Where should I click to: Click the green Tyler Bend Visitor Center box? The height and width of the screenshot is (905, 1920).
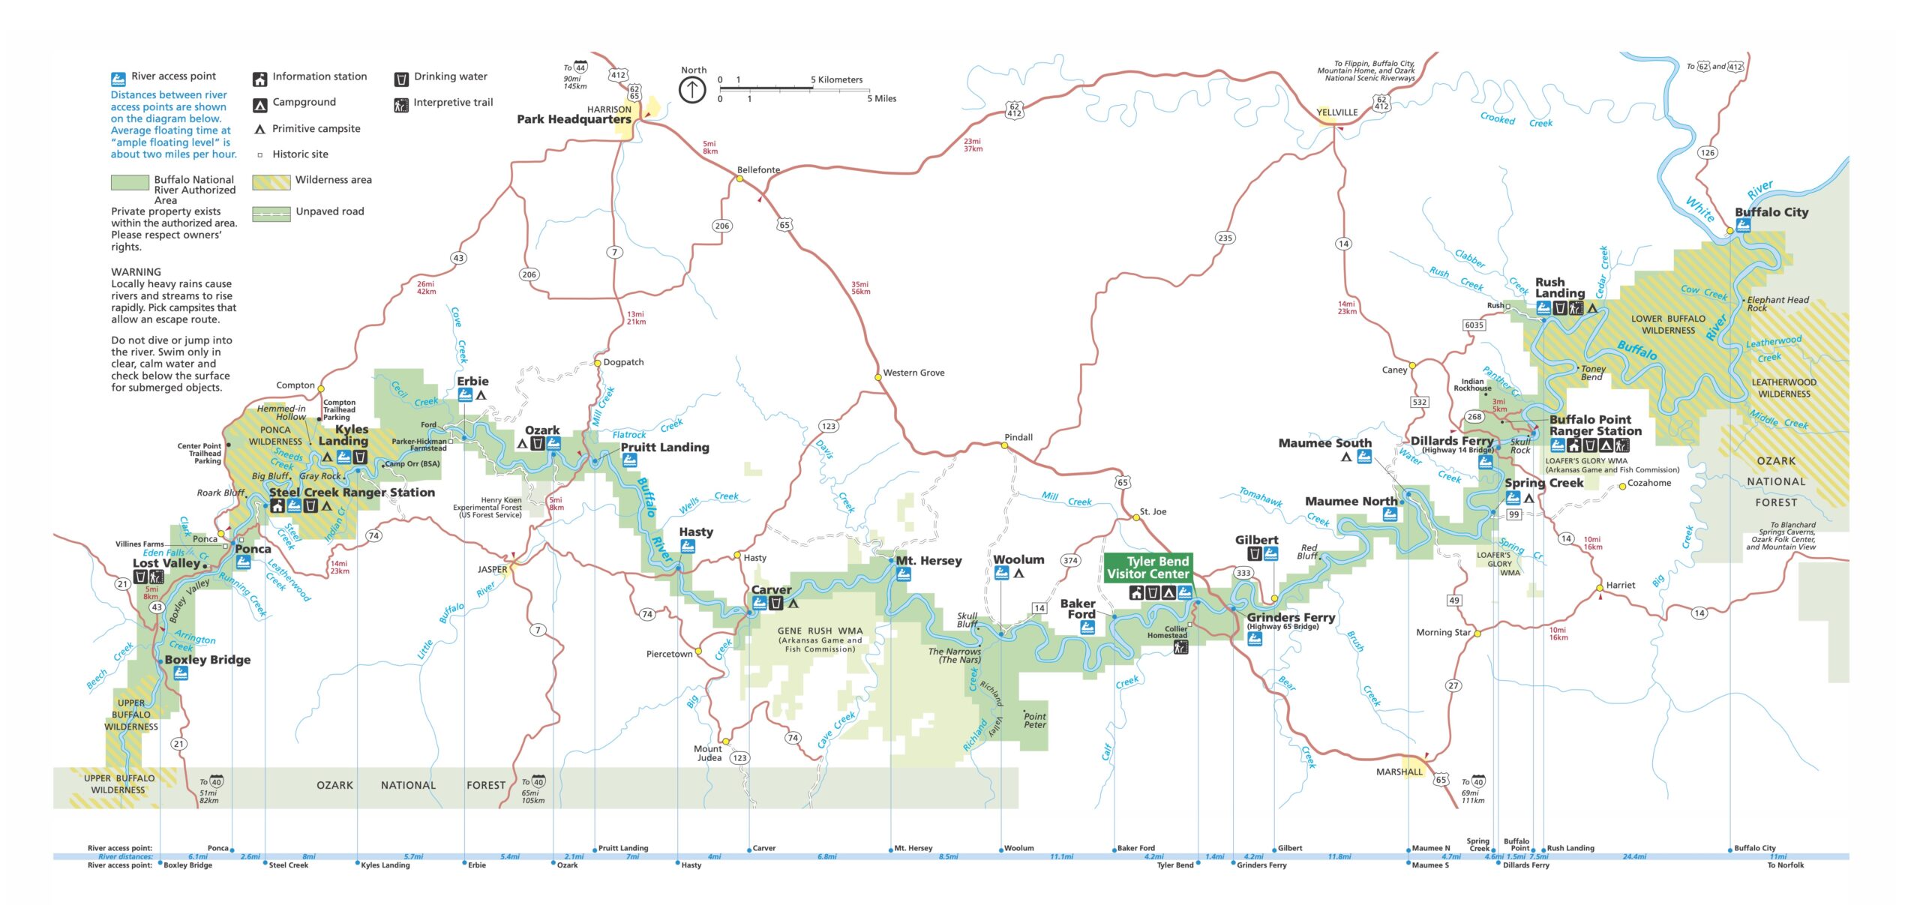1147,568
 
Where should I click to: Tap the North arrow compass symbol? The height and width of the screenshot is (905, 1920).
691,91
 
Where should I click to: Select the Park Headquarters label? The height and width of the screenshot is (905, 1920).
574,119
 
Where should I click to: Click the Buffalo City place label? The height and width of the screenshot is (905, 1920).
1771,212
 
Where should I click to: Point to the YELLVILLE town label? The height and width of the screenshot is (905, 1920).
1336,112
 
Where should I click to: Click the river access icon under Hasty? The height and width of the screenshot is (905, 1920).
687,547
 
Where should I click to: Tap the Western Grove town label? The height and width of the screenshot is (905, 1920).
913,373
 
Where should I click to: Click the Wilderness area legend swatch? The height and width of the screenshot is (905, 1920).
271,182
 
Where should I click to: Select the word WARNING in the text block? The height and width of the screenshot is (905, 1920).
136,272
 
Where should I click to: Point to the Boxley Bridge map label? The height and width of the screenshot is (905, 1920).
207,660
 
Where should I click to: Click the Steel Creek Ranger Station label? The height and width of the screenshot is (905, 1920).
352,493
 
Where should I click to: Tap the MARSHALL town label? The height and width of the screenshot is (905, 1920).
1399,772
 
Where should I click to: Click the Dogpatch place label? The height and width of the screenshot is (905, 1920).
623,362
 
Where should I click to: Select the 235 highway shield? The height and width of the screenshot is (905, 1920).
1224,238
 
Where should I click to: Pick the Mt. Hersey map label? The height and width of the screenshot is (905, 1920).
928,561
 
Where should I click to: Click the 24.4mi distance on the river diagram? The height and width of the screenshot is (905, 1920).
1634,856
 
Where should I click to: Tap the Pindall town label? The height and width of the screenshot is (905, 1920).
1018,437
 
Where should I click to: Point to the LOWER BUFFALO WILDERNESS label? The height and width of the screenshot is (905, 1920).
1668,325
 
